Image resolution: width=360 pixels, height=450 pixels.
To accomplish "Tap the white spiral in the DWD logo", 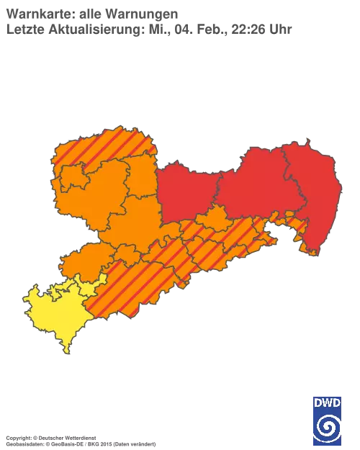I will pyautogui.click(x=328, y=426).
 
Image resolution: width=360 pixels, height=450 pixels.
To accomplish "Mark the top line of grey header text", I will pyautogui.click(x=94, y=12).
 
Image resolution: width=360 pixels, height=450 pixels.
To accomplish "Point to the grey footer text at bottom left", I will pyautogui.click(x=79, y=438).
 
